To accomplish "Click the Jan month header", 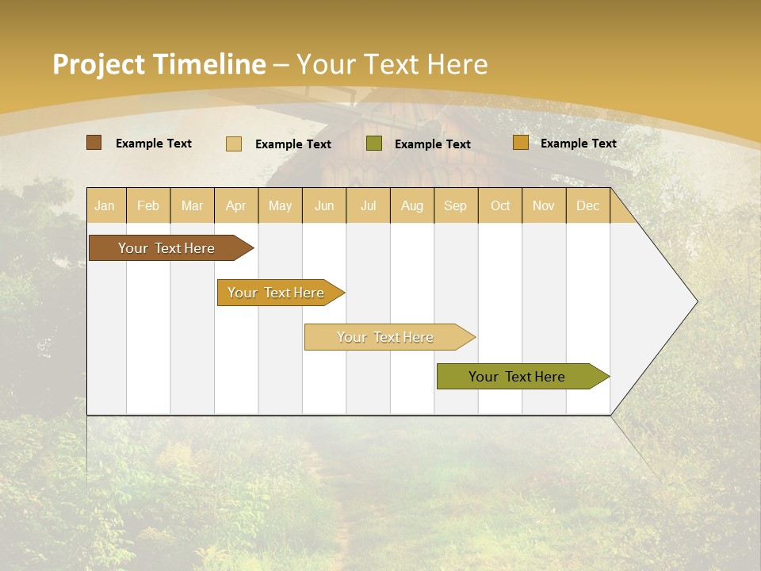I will click(x=105, y=205).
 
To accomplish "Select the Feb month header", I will click(x=148, y=205).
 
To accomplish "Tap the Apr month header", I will click(x=235, y=205).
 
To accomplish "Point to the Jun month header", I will click(x=324, y=205).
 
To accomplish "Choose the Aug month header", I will click(x=412, y=205).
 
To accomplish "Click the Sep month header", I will click(x=455, y=205).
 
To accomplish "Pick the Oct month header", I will click(x=500, y=205).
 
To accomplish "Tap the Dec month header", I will click(x=587, y=205).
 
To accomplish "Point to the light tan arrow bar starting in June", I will click(x=386, y=337).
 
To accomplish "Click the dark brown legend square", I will click(x=94, y=143).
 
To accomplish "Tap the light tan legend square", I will click(x=233, y=144).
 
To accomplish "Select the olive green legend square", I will click(x=374, y=143).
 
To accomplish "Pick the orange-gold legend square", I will click(x=520, y=143).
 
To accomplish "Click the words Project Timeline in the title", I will click(x=159, y=64).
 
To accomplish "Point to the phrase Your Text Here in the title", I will click(x=392, y=64).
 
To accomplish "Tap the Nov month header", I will click(x=544, y=205).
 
